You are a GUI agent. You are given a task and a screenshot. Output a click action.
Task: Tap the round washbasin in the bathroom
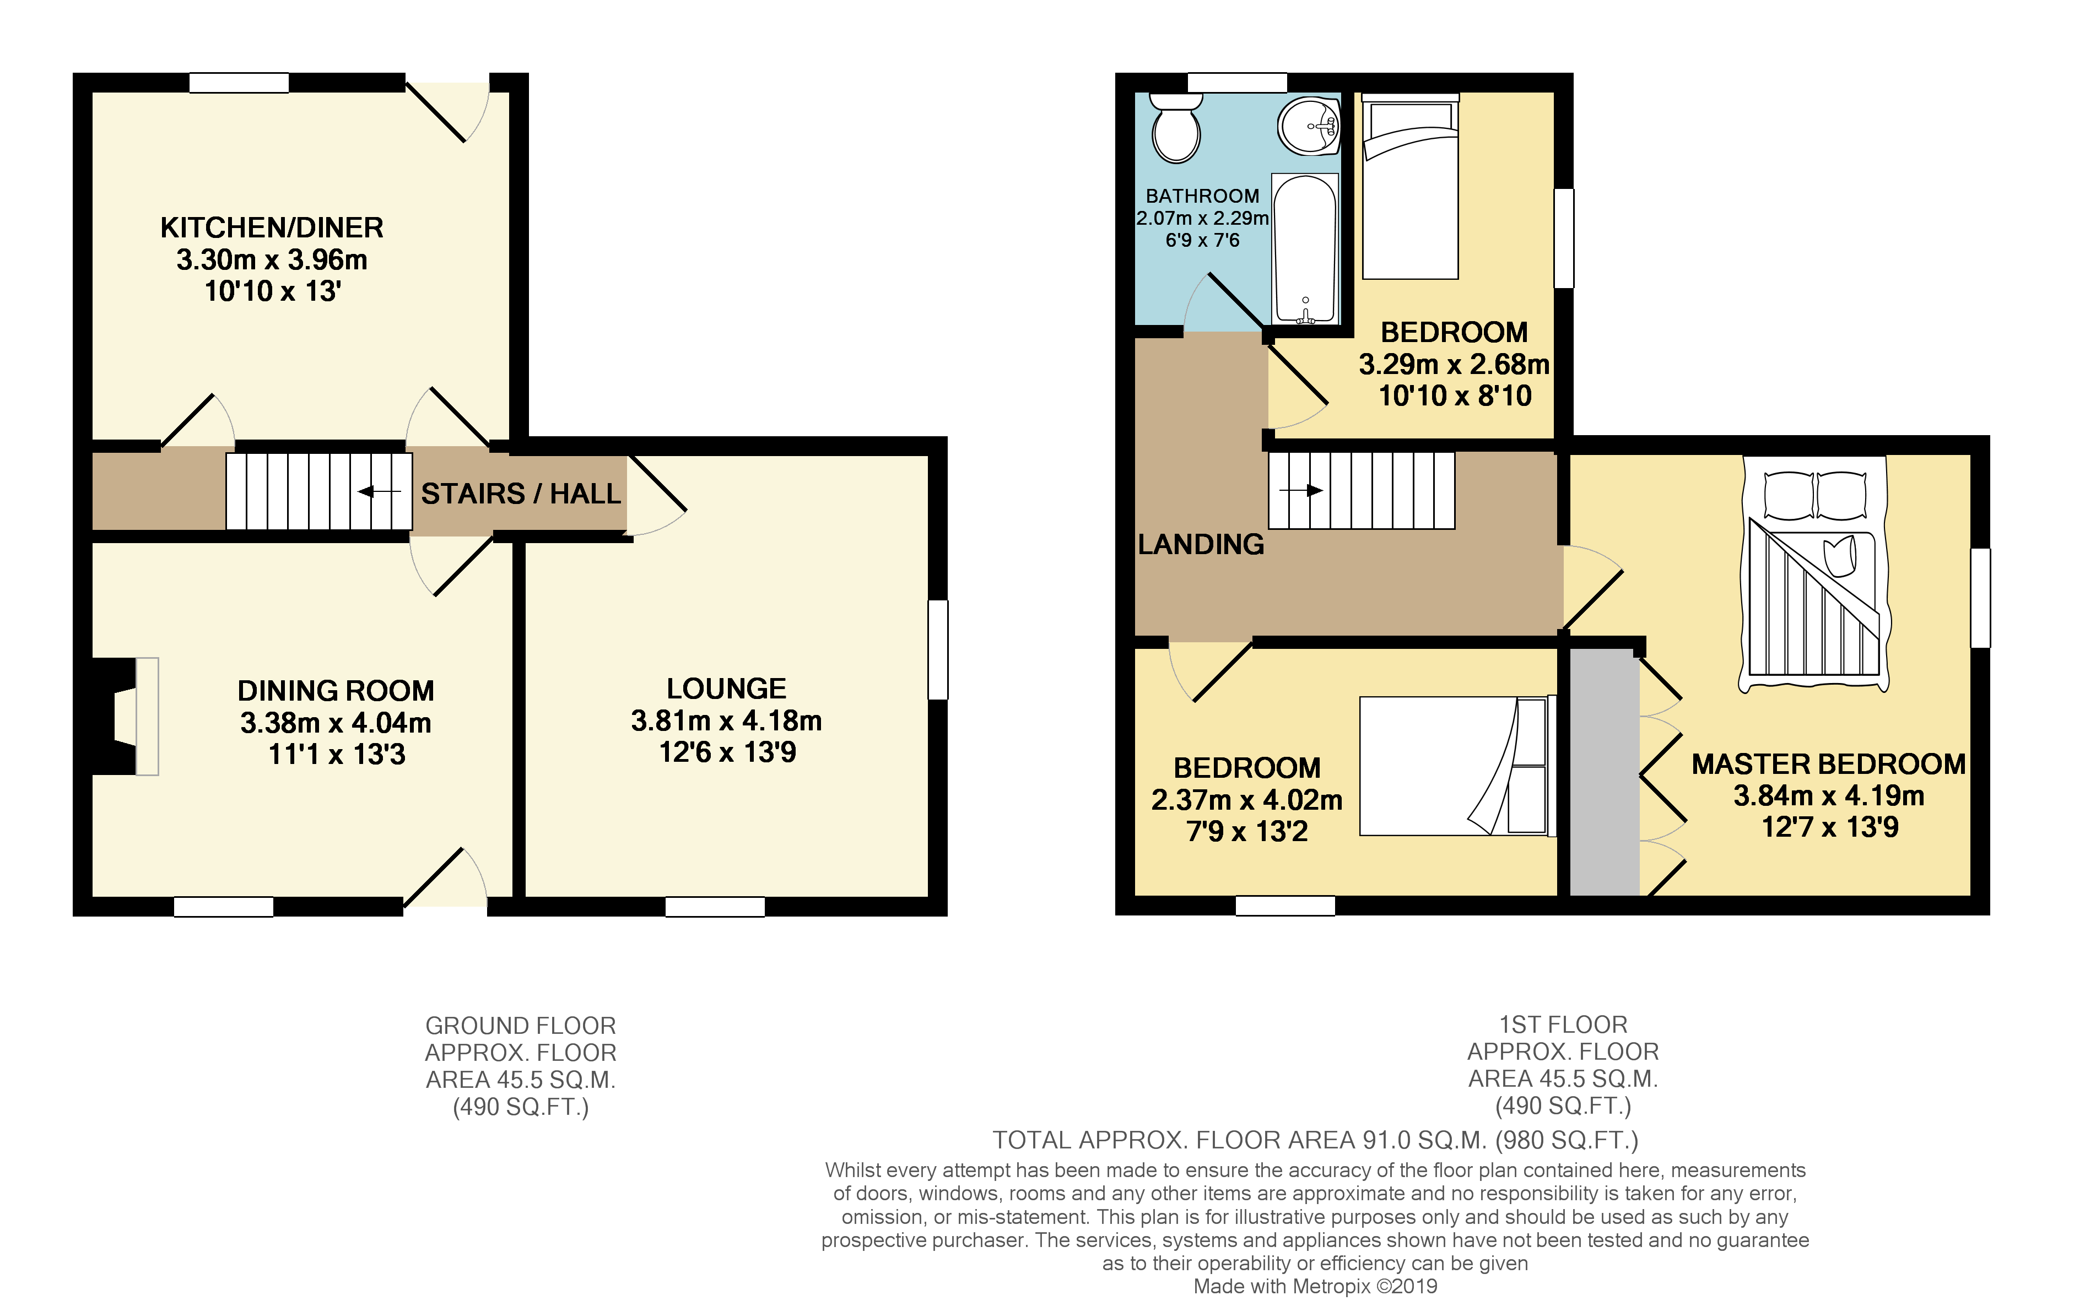pyautogui.click(x=1308, y=126)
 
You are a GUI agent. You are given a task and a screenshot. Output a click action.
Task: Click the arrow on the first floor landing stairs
pyautogui.click(x=1301, y=491)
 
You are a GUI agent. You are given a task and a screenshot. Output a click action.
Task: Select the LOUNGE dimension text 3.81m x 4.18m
pyautogui.click(x=726, y=720)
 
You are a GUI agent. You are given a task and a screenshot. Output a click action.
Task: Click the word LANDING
pyautogui.click(x=1200, y=544)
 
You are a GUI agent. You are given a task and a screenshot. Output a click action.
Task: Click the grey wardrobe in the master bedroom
pyautogui.click(x=1604, y=773)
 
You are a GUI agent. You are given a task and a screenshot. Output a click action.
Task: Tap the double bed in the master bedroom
pyautogui.click(x=1814, y=575)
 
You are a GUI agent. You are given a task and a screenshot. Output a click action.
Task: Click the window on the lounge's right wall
pyautogui.click(x=937, y=649)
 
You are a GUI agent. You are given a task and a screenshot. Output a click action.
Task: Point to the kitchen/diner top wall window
pyautogui.click(x=239, y=83)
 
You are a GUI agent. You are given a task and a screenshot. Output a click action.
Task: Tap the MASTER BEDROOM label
pyautogui.click(x=1828, y=765)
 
